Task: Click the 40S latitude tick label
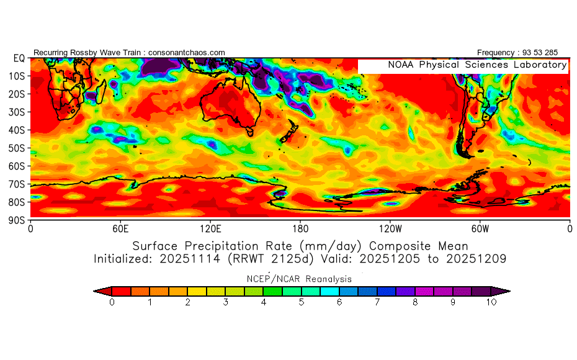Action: [x=17, y=130]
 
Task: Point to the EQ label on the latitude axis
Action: [x=19, y=58]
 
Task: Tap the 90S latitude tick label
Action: [x=17, y=220]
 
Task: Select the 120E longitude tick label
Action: [x=210, y=229]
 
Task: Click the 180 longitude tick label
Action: [x=300, y=229]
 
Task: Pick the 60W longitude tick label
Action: [x=480, y=229]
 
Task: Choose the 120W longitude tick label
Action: [x=390, y=229]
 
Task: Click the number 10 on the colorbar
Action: [x=491, y=302]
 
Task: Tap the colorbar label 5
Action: [x=302, y=302]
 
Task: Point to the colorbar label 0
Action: [x=112, y=302]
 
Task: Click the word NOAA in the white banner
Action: [x=401, y=65]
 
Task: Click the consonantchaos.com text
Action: [x=187, y=53]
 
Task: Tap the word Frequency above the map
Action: [x=496, y=53]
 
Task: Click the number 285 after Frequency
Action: [x=552, y=53]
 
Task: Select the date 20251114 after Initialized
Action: [x=189, y=259]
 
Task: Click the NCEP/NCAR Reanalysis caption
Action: [x=299, y=279]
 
